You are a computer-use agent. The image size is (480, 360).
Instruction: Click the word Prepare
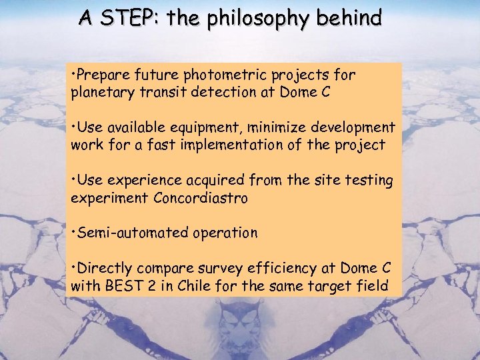click(x=103, y=75)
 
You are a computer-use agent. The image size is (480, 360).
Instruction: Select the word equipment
click(x=203, y=127)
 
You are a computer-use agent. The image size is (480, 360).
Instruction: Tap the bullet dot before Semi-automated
click(x=73, y=233)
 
